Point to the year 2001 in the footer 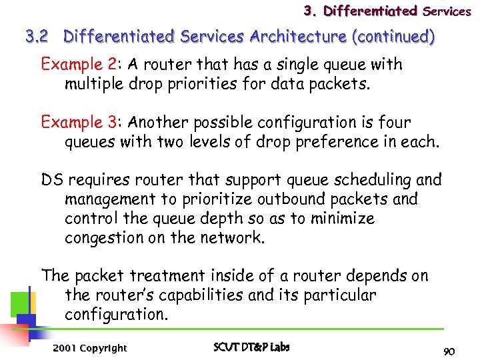pos(65,348)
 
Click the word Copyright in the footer pos(103,348)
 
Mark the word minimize pos(342,219)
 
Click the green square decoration pos(19,303)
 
